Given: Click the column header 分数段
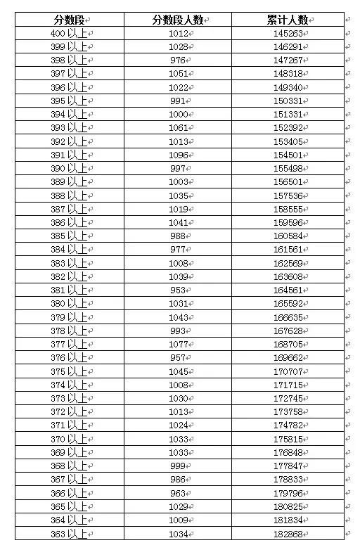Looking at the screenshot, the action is click(70, 20).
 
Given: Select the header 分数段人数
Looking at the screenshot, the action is click(178, 20).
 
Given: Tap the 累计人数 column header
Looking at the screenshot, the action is click(288, 20).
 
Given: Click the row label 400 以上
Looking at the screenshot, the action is click(70, 33).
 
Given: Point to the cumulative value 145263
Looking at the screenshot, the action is click(288, 33).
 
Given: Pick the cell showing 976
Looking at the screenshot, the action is click(178, 60).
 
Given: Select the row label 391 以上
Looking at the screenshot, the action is click(70, 155).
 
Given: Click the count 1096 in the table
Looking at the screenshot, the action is click(178, 155).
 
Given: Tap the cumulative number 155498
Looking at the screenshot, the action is click(288, 169).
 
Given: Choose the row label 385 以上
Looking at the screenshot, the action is click(70, 236).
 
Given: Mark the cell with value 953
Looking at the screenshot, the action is click(178, 290).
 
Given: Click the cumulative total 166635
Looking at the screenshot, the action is click(288, 317).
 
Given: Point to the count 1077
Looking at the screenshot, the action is click(178, 345).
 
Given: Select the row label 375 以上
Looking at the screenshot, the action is click(70, 371).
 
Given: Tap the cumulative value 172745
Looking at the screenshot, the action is click(288, 399).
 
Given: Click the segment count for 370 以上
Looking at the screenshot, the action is click(178, 439).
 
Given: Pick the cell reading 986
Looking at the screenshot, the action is click(178, 480).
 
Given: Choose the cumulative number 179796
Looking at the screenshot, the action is click(288, 493).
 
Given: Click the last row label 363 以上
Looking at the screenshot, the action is click(70, 534).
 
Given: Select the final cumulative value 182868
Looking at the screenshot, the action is click(288, 534).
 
